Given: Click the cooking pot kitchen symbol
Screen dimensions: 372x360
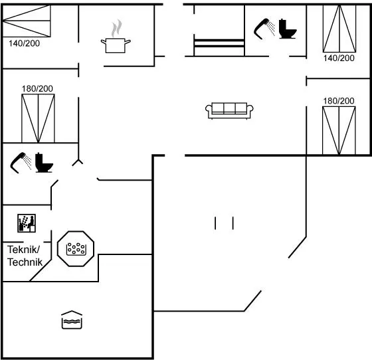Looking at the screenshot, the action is pos(116,45).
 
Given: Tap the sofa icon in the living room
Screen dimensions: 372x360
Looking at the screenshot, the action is pos(229,110).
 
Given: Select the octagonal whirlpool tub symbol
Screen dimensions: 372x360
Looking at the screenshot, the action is pos(76,248).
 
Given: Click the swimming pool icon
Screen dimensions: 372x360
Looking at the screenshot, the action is pos(72,319).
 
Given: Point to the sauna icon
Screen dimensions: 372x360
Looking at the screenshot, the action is pos(27,223).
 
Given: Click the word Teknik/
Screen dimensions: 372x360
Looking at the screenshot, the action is pos(23,250).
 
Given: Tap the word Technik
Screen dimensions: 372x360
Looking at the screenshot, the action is pos(25,262).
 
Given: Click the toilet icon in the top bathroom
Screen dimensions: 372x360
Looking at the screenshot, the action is pos(288,29).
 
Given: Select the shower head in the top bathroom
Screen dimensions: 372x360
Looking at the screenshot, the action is pos(264,29).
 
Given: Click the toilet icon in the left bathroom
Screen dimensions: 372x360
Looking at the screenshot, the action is pos(44,163).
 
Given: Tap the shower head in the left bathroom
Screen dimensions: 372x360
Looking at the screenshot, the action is pos(21,163).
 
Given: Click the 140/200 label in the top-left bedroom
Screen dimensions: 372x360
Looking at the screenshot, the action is pos(24,43).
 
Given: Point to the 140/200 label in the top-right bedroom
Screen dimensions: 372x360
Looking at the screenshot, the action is pos(339,58).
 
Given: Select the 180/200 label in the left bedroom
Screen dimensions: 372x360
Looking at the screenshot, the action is pos(37,89).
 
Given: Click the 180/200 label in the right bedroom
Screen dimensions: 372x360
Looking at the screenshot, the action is pos(339,101).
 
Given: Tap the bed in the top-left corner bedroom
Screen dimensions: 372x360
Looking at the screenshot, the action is pos(27,21).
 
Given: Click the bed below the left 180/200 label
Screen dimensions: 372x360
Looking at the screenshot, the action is pos(39,118).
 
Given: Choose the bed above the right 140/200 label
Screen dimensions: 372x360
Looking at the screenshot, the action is pos(339,29).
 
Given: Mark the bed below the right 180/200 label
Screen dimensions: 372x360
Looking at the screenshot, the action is pos(339,131).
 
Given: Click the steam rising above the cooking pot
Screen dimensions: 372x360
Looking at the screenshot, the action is pos(117,28).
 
